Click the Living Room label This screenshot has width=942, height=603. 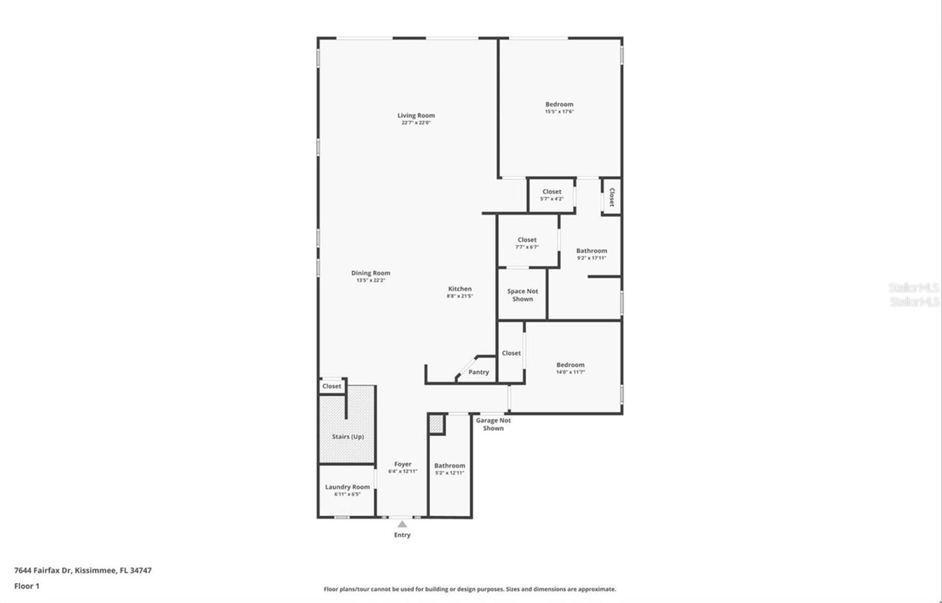pos(416,115)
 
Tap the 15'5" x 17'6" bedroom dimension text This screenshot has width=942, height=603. pos(559,111)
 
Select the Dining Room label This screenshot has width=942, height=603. pos(370,273)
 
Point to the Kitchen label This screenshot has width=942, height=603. pos(460,289)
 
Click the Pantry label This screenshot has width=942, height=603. pos(479,372)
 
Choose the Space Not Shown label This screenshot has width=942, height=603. pos(522,295)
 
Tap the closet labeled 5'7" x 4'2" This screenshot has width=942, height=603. pos(552,194)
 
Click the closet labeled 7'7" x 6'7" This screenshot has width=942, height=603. pos(527,243)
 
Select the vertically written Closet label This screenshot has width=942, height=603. pos(612,197)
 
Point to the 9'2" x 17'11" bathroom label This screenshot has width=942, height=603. pos(591,254)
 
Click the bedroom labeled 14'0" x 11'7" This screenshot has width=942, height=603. pos(570,368)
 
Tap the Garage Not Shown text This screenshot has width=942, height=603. pos(493,424)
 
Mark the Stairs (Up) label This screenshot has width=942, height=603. pos(347,437)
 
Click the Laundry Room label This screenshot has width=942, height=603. pos(347,487)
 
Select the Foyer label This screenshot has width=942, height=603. pos(403,464)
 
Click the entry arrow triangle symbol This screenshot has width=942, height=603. pos(402,524)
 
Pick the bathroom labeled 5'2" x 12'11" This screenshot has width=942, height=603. pos(449,469)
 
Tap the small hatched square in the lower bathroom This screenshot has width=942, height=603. pos(436,424)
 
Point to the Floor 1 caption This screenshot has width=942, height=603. pos(26,586)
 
